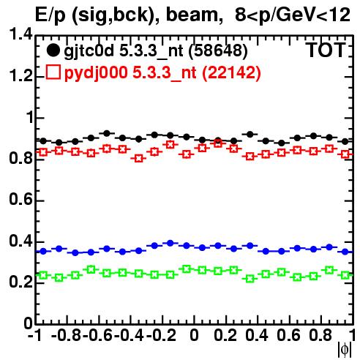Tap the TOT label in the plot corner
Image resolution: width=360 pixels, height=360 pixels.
[326, 50]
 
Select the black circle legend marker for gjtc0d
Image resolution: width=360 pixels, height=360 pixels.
[53, 50]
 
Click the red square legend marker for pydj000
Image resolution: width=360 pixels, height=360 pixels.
[53, 72]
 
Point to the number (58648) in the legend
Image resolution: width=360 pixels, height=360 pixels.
[218, 50]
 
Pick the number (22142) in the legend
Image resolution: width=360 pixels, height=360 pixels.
[231, 72]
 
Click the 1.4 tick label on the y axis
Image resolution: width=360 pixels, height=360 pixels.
[20, 34]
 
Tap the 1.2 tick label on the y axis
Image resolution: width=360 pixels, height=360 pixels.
[20, 76]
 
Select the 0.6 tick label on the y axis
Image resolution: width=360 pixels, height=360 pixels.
[20, 200]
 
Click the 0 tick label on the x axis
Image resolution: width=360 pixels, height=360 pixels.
[194, 335]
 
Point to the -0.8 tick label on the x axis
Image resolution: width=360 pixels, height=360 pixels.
[67, 335]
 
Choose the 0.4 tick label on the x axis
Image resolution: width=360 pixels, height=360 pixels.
[257, 335]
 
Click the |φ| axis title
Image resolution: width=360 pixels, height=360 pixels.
[345, 350]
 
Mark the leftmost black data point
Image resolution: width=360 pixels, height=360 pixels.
[43, 140]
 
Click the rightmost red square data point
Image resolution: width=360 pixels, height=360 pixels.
[345, 154]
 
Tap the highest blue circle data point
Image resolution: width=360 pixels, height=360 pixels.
[170, 243]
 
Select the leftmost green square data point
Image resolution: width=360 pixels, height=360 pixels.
[43, 275]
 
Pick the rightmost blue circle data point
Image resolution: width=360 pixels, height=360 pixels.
[345, 252]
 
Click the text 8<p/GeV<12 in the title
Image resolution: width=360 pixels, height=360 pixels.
[293, 15]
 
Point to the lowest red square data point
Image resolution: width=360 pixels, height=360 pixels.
[138, 159]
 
